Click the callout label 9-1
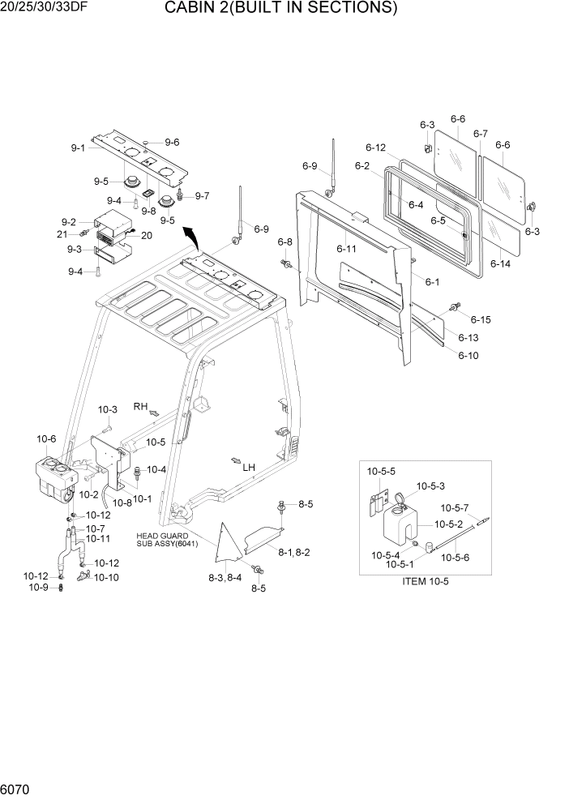click(78, 148)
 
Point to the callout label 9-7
click(202, 195)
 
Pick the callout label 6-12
click(375, 148)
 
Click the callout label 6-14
click(501, 264)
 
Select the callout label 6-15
click(481, 320)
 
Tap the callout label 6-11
click(346, 248)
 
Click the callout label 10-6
click(46, 438)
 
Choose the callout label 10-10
click(106, 577)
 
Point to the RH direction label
click(141, 406)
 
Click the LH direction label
click(249, 468)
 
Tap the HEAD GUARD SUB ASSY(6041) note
click(162, 540)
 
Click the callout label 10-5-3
click(430, 486)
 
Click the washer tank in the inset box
click(402, 531)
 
